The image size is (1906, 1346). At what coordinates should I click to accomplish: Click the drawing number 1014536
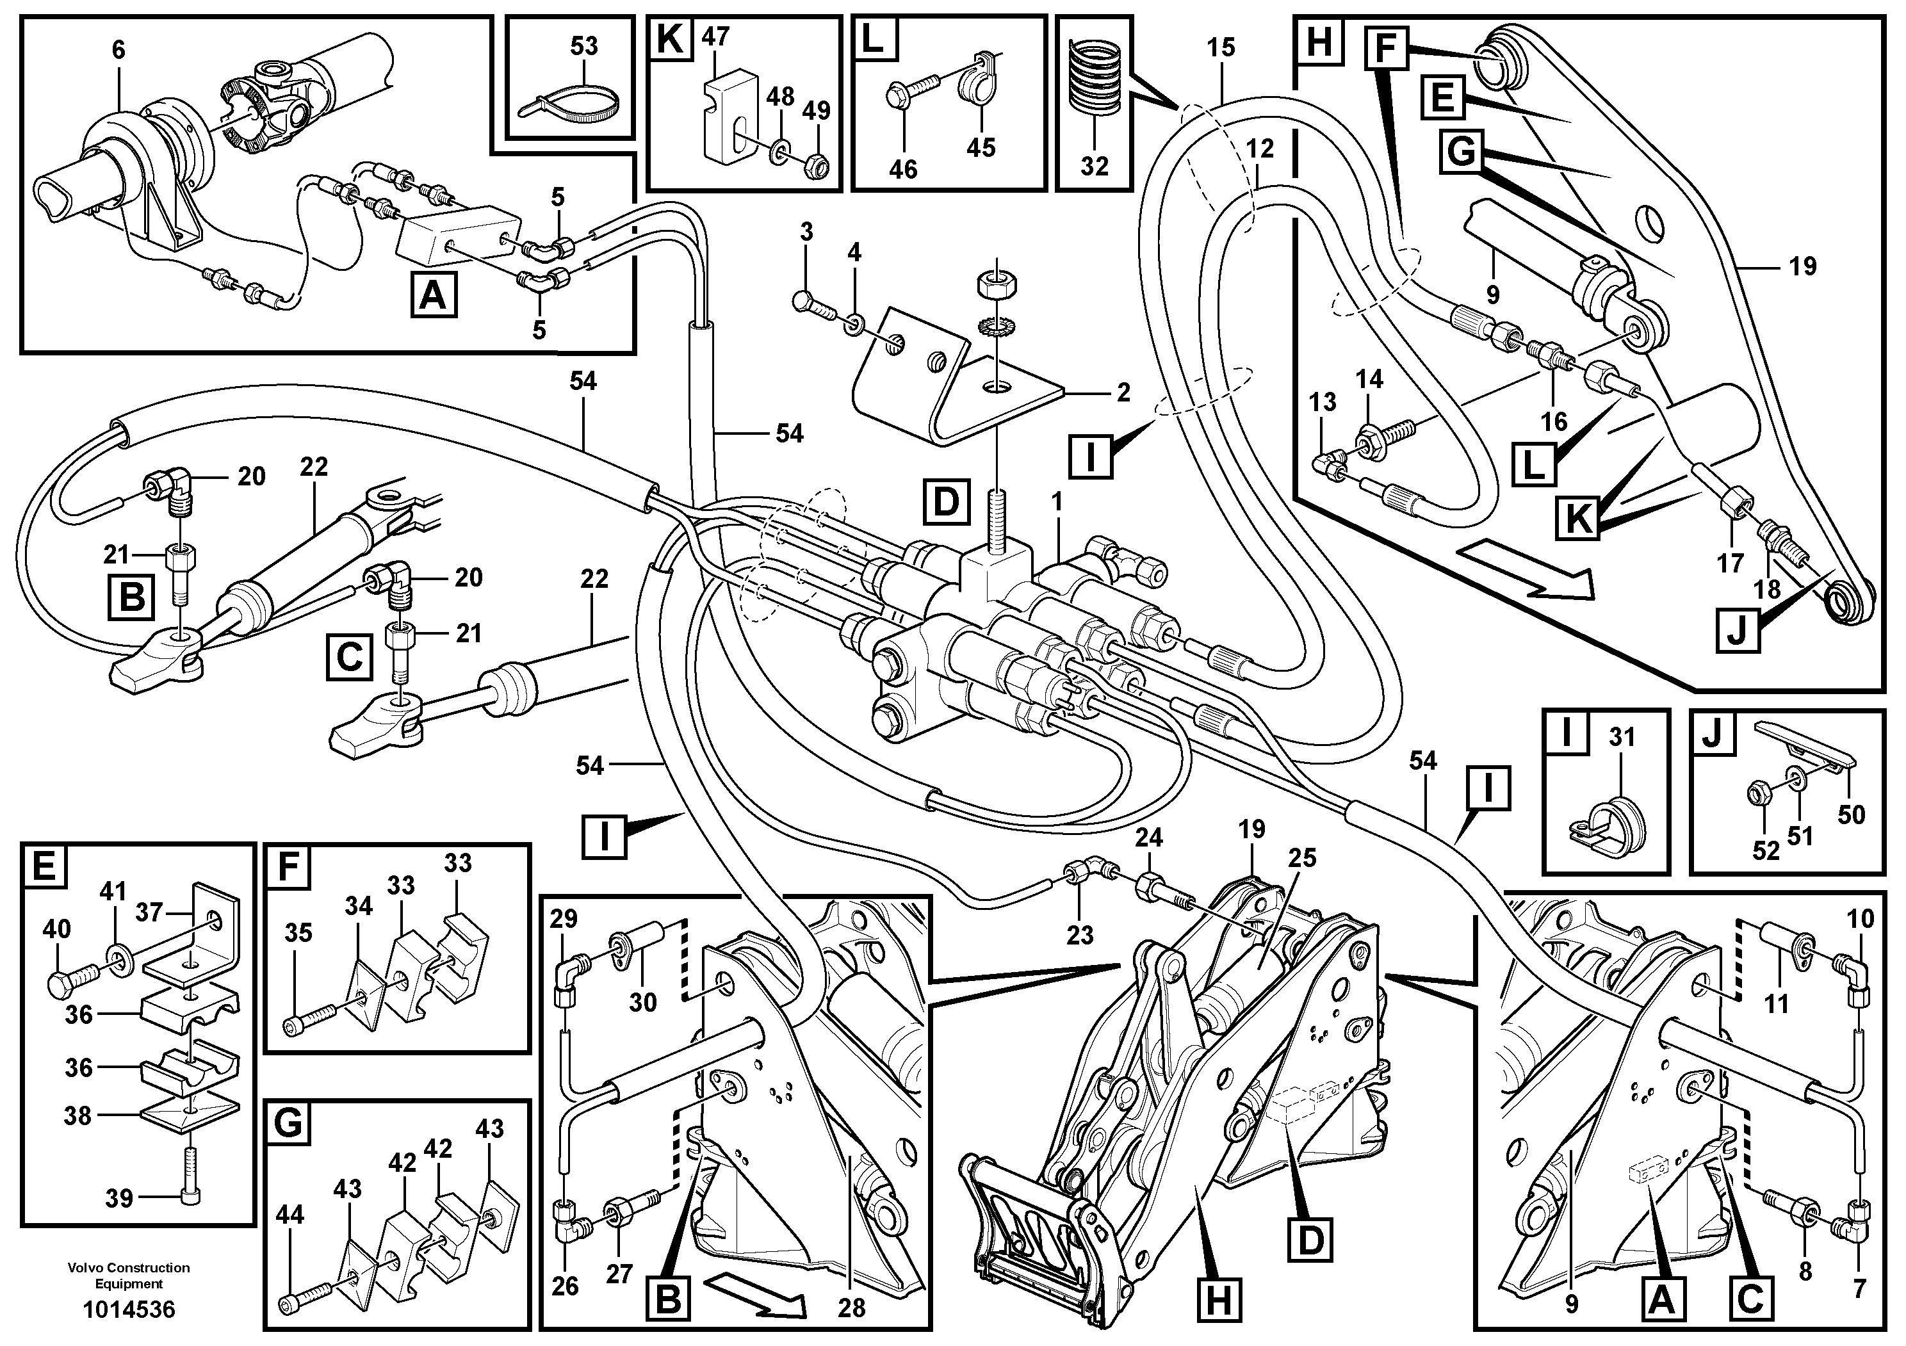pyautogui.click(x=129, y=1310)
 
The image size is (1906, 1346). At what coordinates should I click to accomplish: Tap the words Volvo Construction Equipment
pyautogui.click(x=129, y=1275)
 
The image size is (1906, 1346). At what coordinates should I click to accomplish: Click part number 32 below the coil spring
pyautogui.click(x=1094, y=166)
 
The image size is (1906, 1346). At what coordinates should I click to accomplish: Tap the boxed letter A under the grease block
pyautogui.click(x=432, y=295)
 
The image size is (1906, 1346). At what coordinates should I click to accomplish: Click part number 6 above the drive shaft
pyautogui.click(x=118, y=50)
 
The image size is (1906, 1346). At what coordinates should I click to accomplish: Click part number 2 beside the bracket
pyautogui.click(x=1123, y=392)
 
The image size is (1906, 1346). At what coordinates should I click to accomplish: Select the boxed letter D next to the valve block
pyautogui.click(x=945, y=502)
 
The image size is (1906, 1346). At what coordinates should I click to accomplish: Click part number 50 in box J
pyautogui.click(x=1851, y=815)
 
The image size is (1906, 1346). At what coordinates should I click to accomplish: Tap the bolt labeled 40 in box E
pyautogui.click(x=65, y=987)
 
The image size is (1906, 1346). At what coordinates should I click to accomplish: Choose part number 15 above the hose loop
pyautogui.click(x=1220, y=47)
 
